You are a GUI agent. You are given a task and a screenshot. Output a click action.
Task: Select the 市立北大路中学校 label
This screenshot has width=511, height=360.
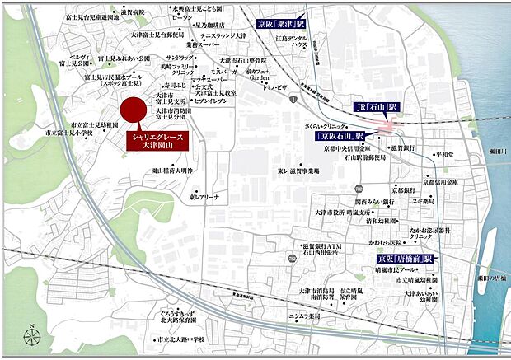click(180, 339)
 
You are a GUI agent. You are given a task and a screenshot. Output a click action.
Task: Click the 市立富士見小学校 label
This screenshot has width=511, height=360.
click(68, 132)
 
